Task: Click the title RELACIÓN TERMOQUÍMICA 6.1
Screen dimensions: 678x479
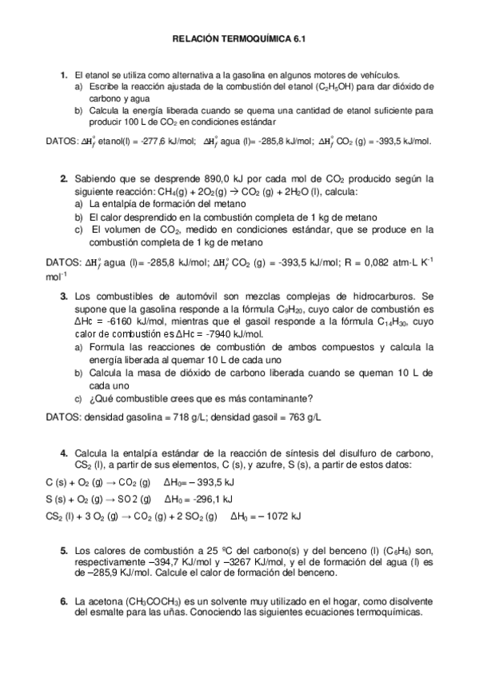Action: click(239, 38)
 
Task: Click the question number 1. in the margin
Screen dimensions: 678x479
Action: click(64, 74)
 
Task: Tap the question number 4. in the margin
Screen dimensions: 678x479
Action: click(64, 454)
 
